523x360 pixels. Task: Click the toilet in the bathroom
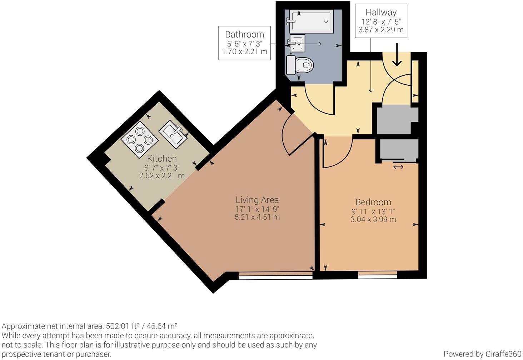click(301, 65)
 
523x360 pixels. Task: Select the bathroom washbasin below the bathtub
click(297, 43)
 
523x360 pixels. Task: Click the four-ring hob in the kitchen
click(140, 140)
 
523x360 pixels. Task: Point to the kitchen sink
click(173, 134)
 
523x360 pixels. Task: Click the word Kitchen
click(162, 158)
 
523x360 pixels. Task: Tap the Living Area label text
click(257, 200)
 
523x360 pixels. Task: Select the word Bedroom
click(373, 202)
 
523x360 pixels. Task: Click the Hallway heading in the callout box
click(381, 12)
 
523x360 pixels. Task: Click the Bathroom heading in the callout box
click(244, 34)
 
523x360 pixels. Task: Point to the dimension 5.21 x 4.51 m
click(257, 217)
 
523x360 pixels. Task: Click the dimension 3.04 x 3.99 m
click(373, 219)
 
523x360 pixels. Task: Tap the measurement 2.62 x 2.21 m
click(162, 176)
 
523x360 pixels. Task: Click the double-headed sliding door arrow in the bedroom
click(398, 167)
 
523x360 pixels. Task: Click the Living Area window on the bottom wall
click(275, 275)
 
